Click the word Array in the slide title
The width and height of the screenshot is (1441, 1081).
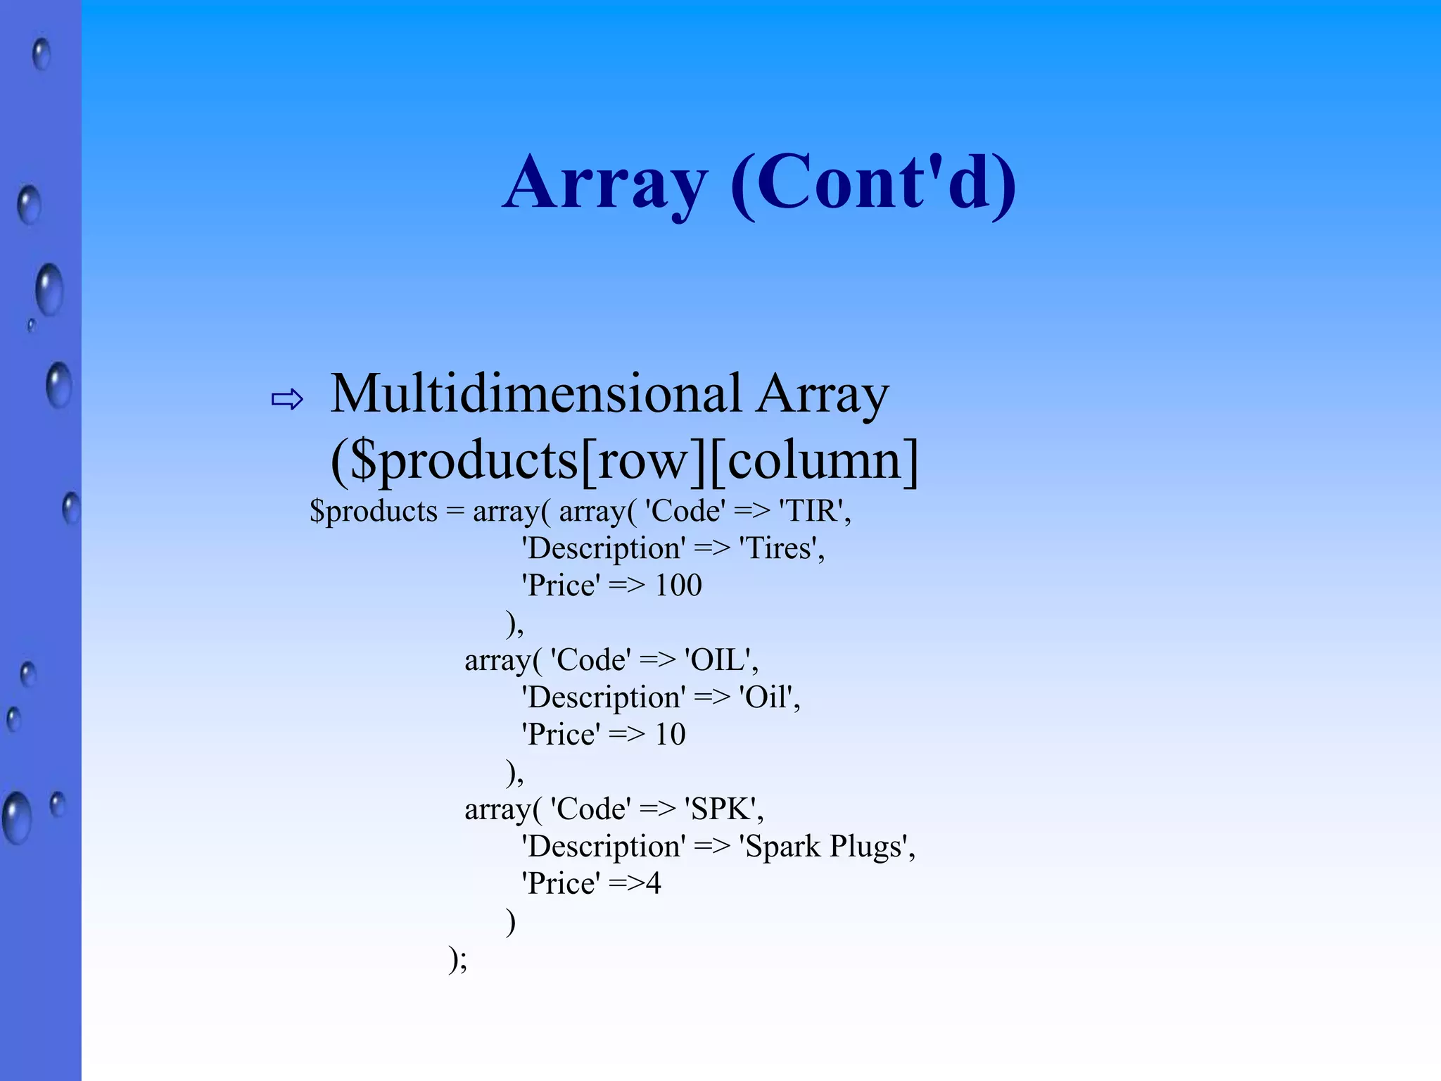pyautogui.click(x=605, y=183)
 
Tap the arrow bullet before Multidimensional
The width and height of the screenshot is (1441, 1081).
pyautogui.click(x=287, y=400)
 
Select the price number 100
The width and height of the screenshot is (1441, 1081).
pyautogui.click(x=678, y=586)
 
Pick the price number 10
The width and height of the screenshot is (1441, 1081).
pyautogui.click(x=670, y=735)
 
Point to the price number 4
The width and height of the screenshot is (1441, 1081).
pyautogui.click(x=654, y=884)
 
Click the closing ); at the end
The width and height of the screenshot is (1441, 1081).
pyautogui.click(x=457, y=959)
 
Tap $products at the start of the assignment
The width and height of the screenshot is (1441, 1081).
pyautogui.click(x=374, y=511)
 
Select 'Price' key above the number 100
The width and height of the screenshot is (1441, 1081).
pyautogui.click(x=560, y=586)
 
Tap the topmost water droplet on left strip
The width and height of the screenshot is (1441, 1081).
pyautogui.click(x=42, y=54)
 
